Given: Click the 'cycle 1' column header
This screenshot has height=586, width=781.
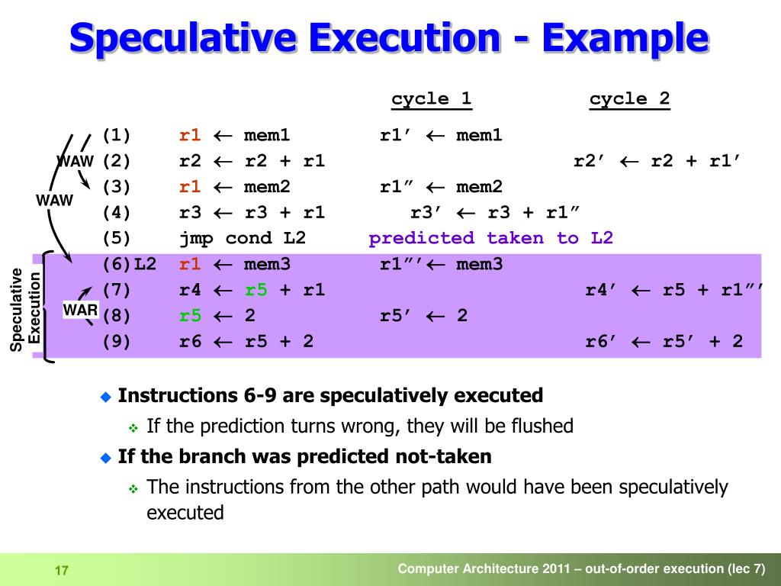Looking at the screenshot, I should (431, 98).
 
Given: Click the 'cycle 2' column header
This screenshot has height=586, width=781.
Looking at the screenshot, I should (629, 98).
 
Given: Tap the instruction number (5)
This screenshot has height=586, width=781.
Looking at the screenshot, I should (117, 238).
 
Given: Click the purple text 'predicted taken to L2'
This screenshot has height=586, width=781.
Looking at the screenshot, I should (490, 238).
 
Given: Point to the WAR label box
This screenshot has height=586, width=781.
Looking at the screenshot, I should (80, 311).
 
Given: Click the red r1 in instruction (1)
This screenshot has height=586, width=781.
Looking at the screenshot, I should (190, 136).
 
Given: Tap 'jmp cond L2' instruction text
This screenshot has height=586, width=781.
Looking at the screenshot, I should (242, 238).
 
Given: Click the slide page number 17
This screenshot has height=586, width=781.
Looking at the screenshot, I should (62, 571).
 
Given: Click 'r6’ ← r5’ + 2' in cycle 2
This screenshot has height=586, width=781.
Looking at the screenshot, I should (664, 341).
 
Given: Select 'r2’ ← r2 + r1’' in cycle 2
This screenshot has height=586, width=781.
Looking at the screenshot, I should (657, 161).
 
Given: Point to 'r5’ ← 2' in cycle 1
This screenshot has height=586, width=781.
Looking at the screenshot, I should (423, 315).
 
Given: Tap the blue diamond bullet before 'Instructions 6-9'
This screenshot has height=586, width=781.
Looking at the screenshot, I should (106, 396).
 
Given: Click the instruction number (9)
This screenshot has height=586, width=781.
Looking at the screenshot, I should (117, 341).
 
